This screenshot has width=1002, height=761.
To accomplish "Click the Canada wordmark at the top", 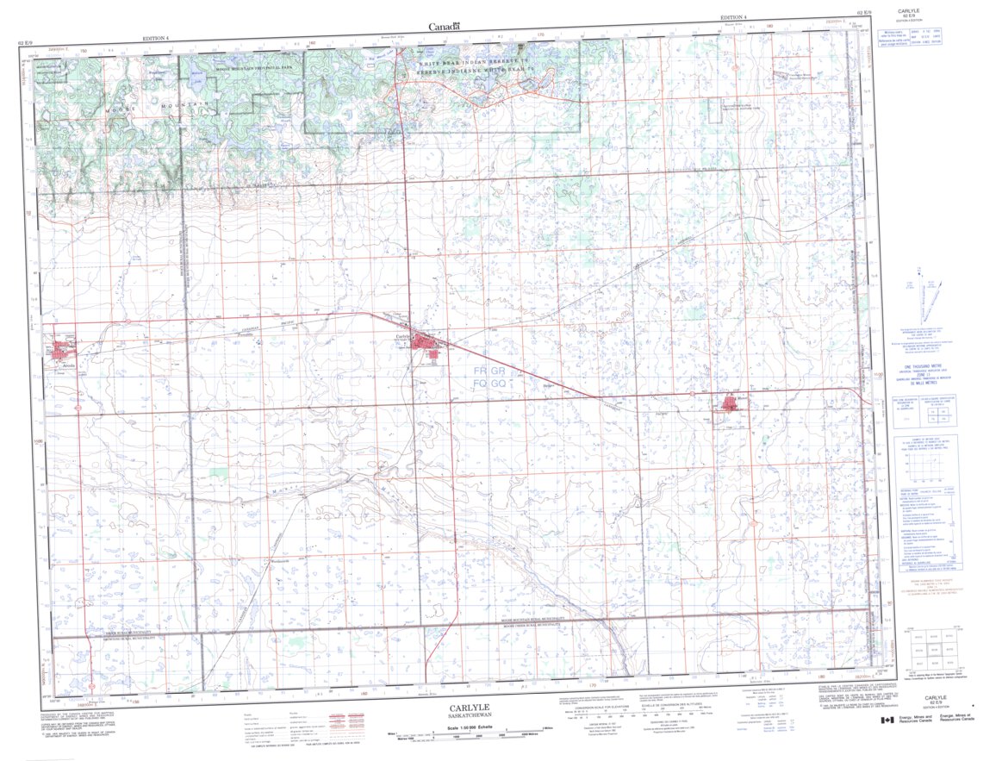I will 445,28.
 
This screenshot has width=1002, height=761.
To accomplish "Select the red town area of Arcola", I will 62,351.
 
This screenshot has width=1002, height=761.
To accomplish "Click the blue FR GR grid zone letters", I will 489,371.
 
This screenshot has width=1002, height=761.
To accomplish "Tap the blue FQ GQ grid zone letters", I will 489,383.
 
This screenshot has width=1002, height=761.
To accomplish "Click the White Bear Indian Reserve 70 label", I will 476,63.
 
